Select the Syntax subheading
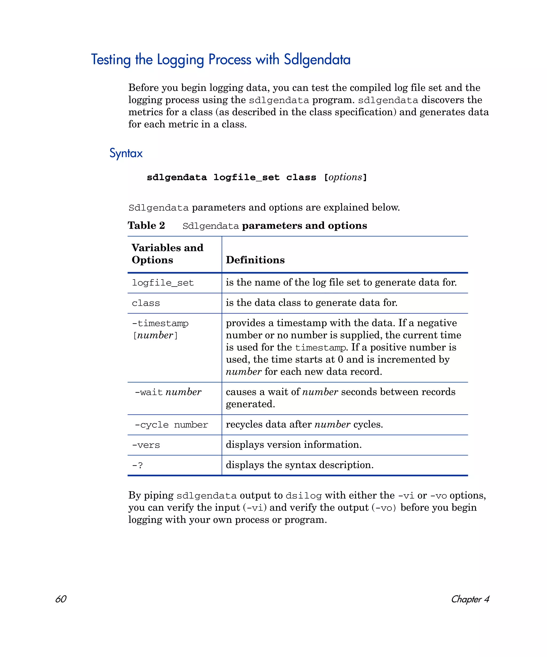pos(126,153)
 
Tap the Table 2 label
pos(146,226)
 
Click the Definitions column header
pos(255,260)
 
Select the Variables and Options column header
pos(167,254)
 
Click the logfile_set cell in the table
pos(163,283)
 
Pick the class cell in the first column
pos(146,303)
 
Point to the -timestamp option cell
pos(160,329)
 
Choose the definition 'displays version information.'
pos(294,445)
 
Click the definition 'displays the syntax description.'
pos(299,465)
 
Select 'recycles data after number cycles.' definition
pos(304,424)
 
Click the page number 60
pos(61,599)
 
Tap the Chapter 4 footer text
pos(470,599)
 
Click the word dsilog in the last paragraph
pos(303,496)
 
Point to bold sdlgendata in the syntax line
pos(177,177)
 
